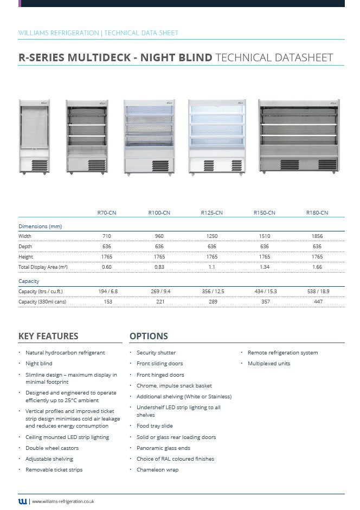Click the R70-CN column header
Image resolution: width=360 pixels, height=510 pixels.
[x=107, y=213]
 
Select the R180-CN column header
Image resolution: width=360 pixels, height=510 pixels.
[x=317, y=213]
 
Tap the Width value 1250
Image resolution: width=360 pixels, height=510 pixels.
[x=212, y=236]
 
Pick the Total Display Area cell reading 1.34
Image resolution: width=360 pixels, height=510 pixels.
[x=265, y=267]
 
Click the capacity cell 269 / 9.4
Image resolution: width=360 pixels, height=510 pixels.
[x=160, y=292]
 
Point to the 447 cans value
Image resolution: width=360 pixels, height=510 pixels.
[x=317, y=302]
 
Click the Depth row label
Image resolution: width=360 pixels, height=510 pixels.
[x=25, y=247]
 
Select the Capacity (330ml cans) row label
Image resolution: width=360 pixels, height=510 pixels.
[x=42, y=302]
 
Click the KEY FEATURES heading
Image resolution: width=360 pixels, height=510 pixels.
[x=48, y=336]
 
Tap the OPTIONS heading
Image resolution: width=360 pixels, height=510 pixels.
[x=149, y=336]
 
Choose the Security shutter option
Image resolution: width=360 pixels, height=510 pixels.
[x=156, y=353]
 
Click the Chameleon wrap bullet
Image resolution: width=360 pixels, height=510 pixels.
[x=157, y=470]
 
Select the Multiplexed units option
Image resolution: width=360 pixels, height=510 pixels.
[x=269, y=364]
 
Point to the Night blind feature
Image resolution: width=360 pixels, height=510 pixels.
[x=39, y=364]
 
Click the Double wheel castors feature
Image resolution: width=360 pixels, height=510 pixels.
[x=52, y=448]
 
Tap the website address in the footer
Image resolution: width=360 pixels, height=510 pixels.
[x=63, y=502]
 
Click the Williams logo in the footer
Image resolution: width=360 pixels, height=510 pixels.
[x=22, y=501]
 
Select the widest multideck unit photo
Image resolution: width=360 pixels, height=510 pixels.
[x=299, y=137]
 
